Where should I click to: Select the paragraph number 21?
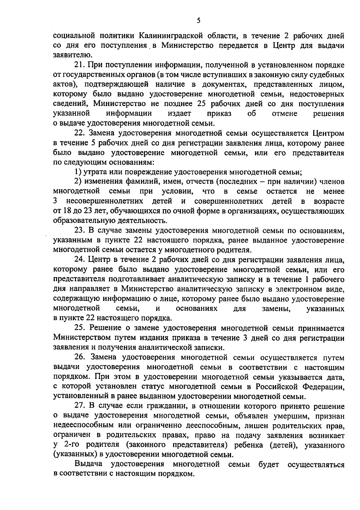80,65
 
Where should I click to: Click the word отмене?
284,114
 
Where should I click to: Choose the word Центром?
328,133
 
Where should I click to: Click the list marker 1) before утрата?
78,172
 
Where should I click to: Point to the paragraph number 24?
80,260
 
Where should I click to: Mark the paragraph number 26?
80,357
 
